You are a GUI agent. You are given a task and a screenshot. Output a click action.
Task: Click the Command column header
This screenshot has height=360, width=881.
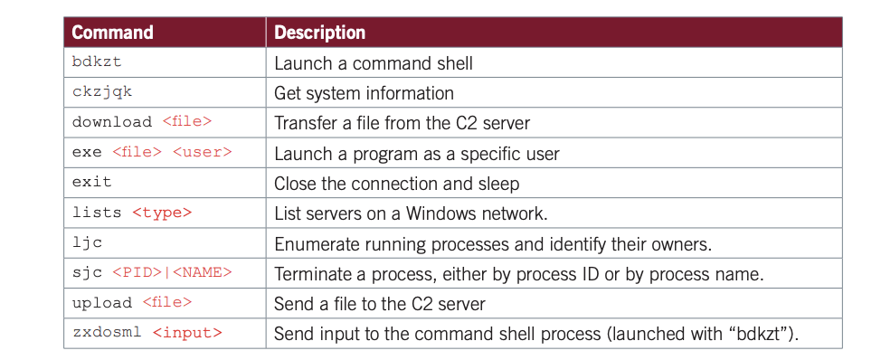point(112,33)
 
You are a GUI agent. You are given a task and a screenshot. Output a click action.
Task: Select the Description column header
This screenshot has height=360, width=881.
point(319,33)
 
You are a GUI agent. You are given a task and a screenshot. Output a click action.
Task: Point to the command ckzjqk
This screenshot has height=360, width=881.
point(101,91)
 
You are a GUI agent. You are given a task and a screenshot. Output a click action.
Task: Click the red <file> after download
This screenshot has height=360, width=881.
point(187,122)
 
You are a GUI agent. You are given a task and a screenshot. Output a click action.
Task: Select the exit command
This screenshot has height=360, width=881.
point(91,182)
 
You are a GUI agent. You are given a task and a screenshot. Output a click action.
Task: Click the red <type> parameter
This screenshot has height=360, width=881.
point(162,213)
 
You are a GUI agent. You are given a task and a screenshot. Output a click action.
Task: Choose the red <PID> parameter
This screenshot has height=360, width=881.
point(137,273)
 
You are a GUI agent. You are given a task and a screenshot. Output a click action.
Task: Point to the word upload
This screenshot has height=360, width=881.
point(101,303)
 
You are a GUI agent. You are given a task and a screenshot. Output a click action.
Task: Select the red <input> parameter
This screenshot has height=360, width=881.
point(187,334)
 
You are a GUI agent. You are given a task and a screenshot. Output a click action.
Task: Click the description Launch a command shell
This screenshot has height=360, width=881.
point(373,63)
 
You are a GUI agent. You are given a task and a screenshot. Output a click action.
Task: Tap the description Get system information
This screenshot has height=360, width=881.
point(365,93)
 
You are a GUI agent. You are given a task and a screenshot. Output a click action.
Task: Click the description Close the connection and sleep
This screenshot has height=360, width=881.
point(397,184)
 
